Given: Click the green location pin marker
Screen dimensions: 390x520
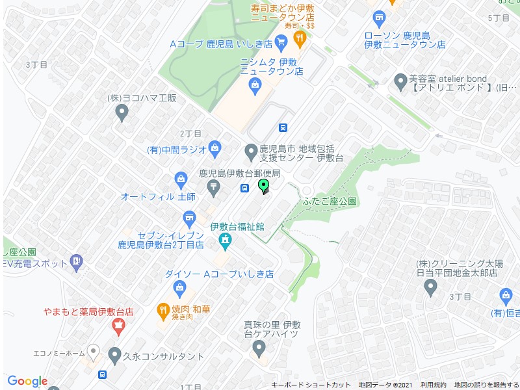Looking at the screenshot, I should (x=264, y=187).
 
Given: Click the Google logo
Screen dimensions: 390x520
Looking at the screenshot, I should (x=27, y=381).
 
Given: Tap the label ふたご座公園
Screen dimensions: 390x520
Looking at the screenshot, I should (x=330, y=201).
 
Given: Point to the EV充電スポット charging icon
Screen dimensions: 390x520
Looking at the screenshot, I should (x=77, y=263).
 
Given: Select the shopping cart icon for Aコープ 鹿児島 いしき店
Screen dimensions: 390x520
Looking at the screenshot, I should (x=281, y=44).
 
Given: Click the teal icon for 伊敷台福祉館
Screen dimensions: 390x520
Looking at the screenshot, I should (x=225, y=242).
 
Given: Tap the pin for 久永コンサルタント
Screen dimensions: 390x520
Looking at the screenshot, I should (x=114, y=356).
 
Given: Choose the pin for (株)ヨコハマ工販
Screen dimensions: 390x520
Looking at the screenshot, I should (x=121, y=113).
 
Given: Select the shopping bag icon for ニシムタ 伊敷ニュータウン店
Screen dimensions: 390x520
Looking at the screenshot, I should (x=255, y=84).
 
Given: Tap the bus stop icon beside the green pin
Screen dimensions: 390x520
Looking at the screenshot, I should (x=244, y=188).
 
